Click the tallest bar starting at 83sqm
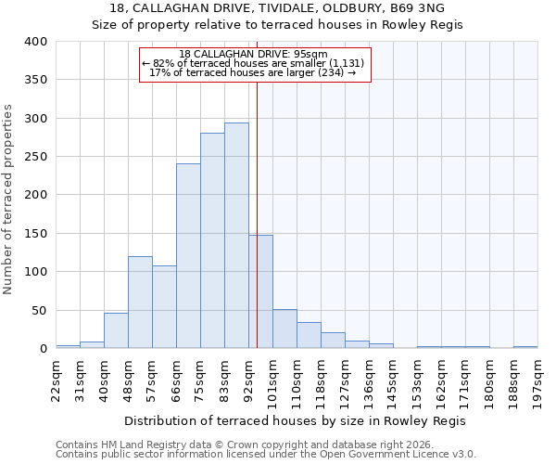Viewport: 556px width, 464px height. coord(236,236)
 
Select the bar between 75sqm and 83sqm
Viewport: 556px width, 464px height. coord(212,240)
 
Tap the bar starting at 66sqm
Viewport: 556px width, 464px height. coord(188,256)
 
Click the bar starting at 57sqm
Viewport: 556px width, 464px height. coord(164,307)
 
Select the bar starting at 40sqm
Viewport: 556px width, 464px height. coord(116,330)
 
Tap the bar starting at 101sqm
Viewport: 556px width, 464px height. coord(284,329)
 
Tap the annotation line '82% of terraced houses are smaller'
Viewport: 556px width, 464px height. coord(254,63)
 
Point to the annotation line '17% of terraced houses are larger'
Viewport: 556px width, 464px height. coord(254,72)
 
